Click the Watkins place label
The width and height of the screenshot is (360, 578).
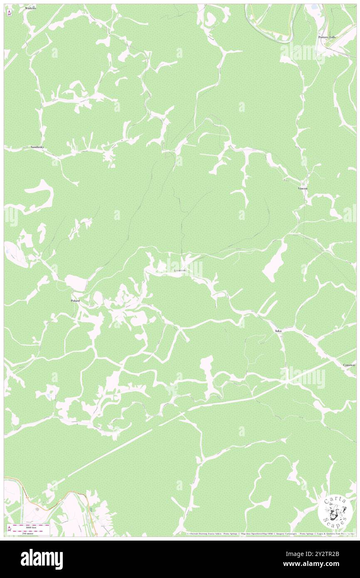pos(30,8)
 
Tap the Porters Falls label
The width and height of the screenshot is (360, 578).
pos(327,37)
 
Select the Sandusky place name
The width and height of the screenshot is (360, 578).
pos(37,147)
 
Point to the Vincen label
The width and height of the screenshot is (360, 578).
pos(303,188)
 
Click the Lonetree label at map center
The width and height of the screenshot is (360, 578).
pos(180,270)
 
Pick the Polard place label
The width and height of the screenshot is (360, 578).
pos(75,300)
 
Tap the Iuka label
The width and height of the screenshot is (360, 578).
pos(279,331)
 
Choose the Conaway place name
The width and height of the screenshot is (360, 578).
pos(349,365)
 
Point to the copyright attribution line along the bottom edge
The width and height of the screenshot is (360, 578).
pos(270,534)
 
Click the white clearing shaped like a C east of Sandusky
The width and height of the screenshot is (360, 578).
pos(42,195)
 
